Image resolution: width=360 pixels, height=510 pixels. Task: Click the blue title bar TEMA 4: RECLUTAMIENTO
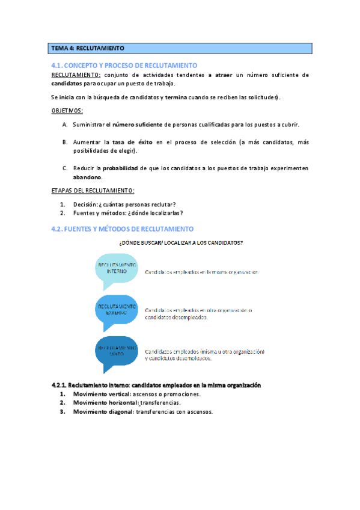coord(180,48)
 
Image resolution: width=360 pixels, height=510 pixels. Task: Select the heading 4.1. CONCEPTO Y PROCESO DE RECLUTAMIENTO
coord(124,66)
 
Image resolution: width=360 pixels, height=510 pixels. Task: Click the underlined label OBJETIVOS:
coord(67,111)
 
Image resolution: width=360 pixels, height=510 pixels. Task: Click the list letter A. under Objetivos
coord(64,124)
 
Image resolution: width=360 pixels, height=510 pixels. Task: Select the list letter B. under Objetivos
coord(64,142)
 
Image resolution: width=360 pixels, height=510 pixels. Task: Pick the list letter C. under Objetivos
coord(64,168)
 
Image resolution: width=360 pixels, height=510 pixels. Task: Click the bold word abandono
coord(87,177)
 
